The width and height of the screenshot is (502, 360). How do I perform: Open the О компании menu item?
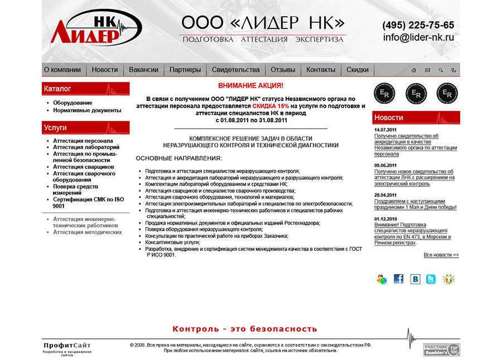pyautogui.click(x=62, y=70)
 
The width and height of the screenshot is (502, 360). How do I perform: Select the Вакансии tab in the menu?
pyautogui.click(x=143, y=70)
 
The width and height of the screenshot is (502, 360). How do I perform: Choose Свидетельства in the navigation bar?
pyautogui.click(x=235, y=70)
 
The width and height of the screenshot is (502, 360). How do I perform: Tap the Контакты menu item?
pyautogui.click(x=321, y=70)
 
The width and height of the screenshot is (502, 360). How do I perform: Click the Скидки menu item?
pyautogui.click(x=358, y=70)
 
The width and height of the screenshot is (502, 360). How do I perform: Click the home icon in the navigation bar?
pyautogui.click(x=414, y=70)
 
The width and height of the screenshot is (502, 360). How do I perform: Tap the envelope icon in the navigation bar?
pyautogui.click(x=428, y=70)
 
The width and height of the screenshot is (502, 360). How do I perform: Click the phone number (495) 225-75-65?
pyautogui.click(x=418, y=25)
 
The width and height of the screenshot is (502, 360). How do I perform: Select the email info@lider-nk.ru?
pyautogui.click(x=418, y=38)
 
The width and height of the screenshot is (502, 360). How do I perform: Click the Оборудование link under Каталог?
pyautogui.click(x=73, y=103)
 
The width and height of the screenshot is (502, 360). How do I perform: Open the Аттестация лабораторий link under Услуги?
pyautogui.click(x=86, y=147)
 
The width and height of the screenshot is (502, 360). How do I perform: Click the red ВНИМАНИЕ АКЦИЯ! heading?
pyautogui.click(x=250, y=86)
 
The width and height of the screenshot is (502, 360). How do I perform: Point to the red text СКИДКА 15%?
pyautogui.click(x=271, y=105)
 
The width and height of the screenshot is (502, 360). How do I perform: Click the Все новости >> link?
pyautogui.click(x=441, y=255)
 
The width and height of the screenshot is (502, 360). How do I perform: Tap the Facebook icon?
pyautogui.click(x=398, y=279)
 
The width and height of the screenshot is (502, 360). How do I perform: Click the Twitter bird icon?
pyautogui.click(x=431, y=279)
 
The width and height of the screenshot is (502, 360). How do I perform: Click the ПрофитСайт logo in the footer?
pyautogui.click(x=67, y=346)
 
